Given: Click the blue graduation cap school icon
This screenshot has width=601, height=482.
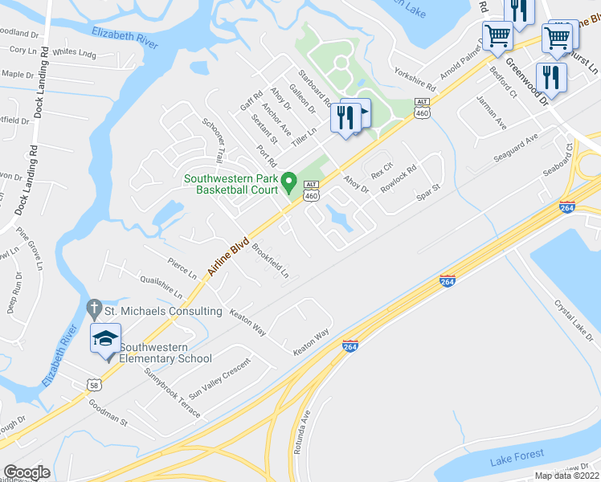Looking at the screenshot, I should tap(105, 339).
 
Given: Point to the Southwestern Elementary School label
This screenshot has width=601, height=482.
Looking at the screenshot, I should tap(166, 353).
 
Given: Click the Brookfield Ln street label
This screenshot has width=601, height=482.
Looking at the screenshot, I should tap(271, 260).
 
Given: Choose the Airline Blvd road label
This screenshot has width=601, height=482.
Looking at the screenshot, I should tap(230, 255).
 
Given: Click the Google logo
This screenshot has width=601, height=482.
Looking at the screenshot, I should tap(27, 473).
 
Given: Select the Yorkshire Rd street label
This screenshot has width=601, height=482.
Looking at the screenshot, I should tap(415, 78).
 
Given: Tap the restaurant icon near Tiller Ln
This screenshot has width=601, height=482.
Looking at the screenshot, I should tap(346, 118).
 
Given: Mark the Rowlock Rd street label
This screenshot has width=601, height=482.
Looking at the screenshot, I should tap(399, 181).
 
